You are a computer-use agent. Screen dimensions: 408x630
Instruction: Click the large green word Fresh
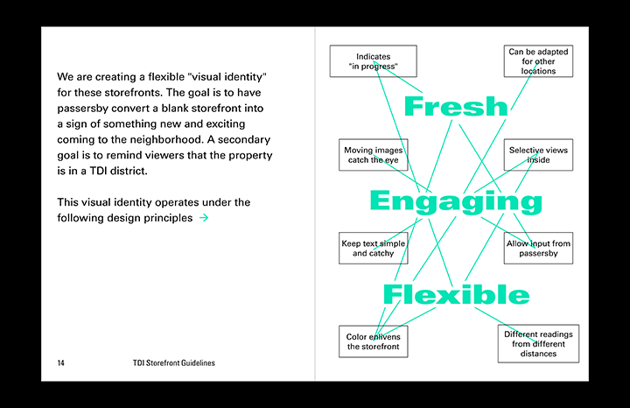[455, 107]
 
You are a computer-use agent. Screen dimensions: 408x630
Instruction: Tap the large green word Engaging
[456, 202]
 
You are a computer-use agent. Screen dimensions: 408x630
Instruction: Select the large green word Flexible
[456, 294]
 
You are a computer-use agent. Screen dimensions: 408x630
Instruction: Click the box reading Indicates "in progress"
[373, 61]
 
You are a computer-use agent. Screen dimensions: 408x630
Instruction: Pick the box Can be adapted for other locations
[538, 61]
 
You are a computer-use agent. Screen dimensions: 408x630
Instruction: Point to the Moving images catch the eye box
[373, 155]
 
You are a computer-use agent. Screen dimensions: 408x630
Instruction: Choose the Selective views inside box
[538, 155]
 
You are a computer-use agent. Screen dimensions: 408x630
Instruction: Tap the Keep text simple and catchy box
[374, 248]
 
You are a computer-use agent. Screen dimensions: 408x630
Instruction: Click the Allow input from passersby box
[538, 248]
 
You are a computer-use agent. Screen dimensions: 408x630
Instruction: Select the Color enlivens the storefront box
[373, 341]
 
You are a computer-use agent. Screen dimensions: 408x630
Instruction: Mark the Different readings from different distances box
[538, 343]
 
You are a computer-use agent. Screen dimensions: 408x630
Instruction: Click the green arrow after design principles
[204, 218]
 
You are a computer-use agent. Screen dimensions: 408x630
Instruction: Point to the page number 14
[61, 362]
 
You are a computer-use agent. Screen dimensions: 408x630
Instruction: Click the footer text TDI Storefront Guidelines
[173, 362]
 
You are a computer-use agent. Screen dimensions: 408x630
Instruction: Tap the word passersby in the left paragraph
[87, 109]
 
